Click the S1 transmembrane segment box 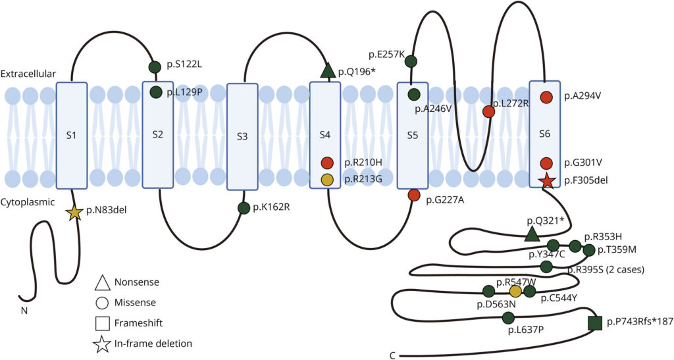pyautogui.click(x=72, y=135)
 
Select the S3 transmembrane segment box pyautogui.click(x=242, y=137)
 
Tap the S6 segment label pyautogui.click(x=544, y=134)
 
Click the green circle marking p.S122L pyautogui.click(x=155, y=67)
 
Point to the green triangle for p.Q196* pyautogui.click(x=328, y=70)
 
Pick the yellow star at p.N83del pyautogui.click(x=74, y=213)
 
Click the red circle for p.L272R pyautogui.click(x=489, y=112)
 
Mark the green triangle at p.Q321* pyautogui.click(x=532, y=234)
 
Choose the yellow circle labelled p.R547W pyautogui.click(x=515, y=292)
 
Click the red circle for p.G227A pyautogui.click(x=413, y=195)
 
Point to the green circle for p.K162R pyautogui.click(x=244, y=208)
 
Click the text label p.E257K pyautogui.click(x=386, y=55)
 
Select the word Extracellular pyautogui.click(x=28, y=74)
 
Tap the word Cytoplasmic pyautogui.click(x=28, y=201)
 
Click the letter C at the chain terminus pyautogui.click(x=392, y=355)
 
